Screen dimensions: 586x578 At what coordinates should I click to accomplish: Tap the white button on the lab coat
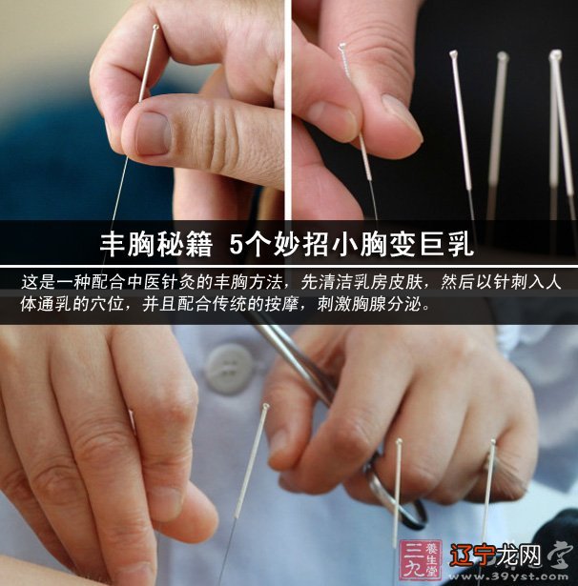point(229,368)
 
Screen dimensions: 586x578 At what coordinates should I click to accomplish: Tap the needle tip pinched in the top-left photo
point(155,30)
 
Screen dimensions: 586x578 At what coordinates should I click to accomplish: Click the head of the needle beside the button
point(265,409)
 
